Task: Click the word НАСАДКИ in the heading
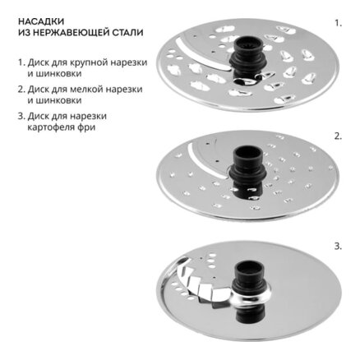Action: (x=41, y=21)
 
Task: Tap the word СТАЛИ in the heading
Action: (x=127, y=32)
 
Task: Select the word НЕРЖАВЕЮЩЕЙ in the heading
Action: (x=70, y=32)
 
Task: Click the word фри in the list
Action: (x=88, y=127)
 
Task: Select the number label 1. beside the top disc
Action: (x=339, y=23)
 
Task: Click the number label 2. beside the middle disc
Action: (x=339, y=136)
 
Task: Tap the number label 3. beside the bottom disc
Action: (x=339, y=247)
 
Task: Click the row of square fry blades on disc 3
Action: (x=202, y=285)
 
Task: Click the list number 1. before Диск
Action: (x=21, y=62)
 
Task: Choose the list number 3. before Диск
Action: (x=21, y=116)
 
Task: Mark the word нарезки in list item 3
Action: (x=87, y=117)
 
